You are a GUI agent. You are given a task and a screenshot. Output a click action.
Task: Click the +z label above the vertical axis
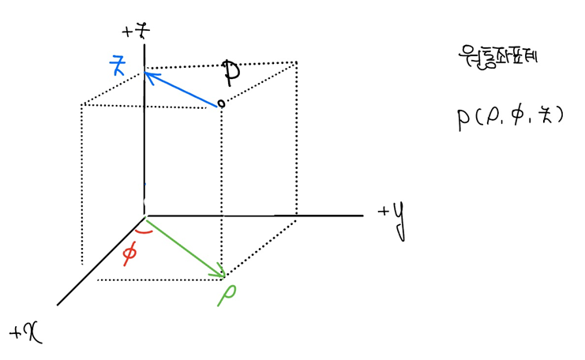tap(136, 32)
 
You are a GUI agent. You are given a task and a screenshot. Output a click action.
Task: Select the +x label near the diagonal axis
tap(26, 332)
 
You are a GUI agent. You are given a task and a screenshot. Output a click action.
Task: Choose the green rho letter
tap(230, 293)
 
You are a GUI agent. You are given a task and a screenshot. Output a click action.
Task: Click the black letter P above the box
tap(231, 73)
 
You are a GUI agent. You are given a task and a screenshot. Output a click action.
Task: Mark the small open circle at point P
tap(221, 103)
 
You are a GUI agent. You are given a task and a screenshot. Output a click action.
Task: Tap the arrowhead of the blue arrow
tap(148, 74)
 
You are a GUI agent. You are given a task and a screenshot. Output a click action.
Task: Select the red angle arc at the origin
tap(144, 231)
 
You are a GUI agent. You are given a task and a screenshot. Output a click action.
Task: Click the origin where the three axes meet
tap(144, 214)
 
